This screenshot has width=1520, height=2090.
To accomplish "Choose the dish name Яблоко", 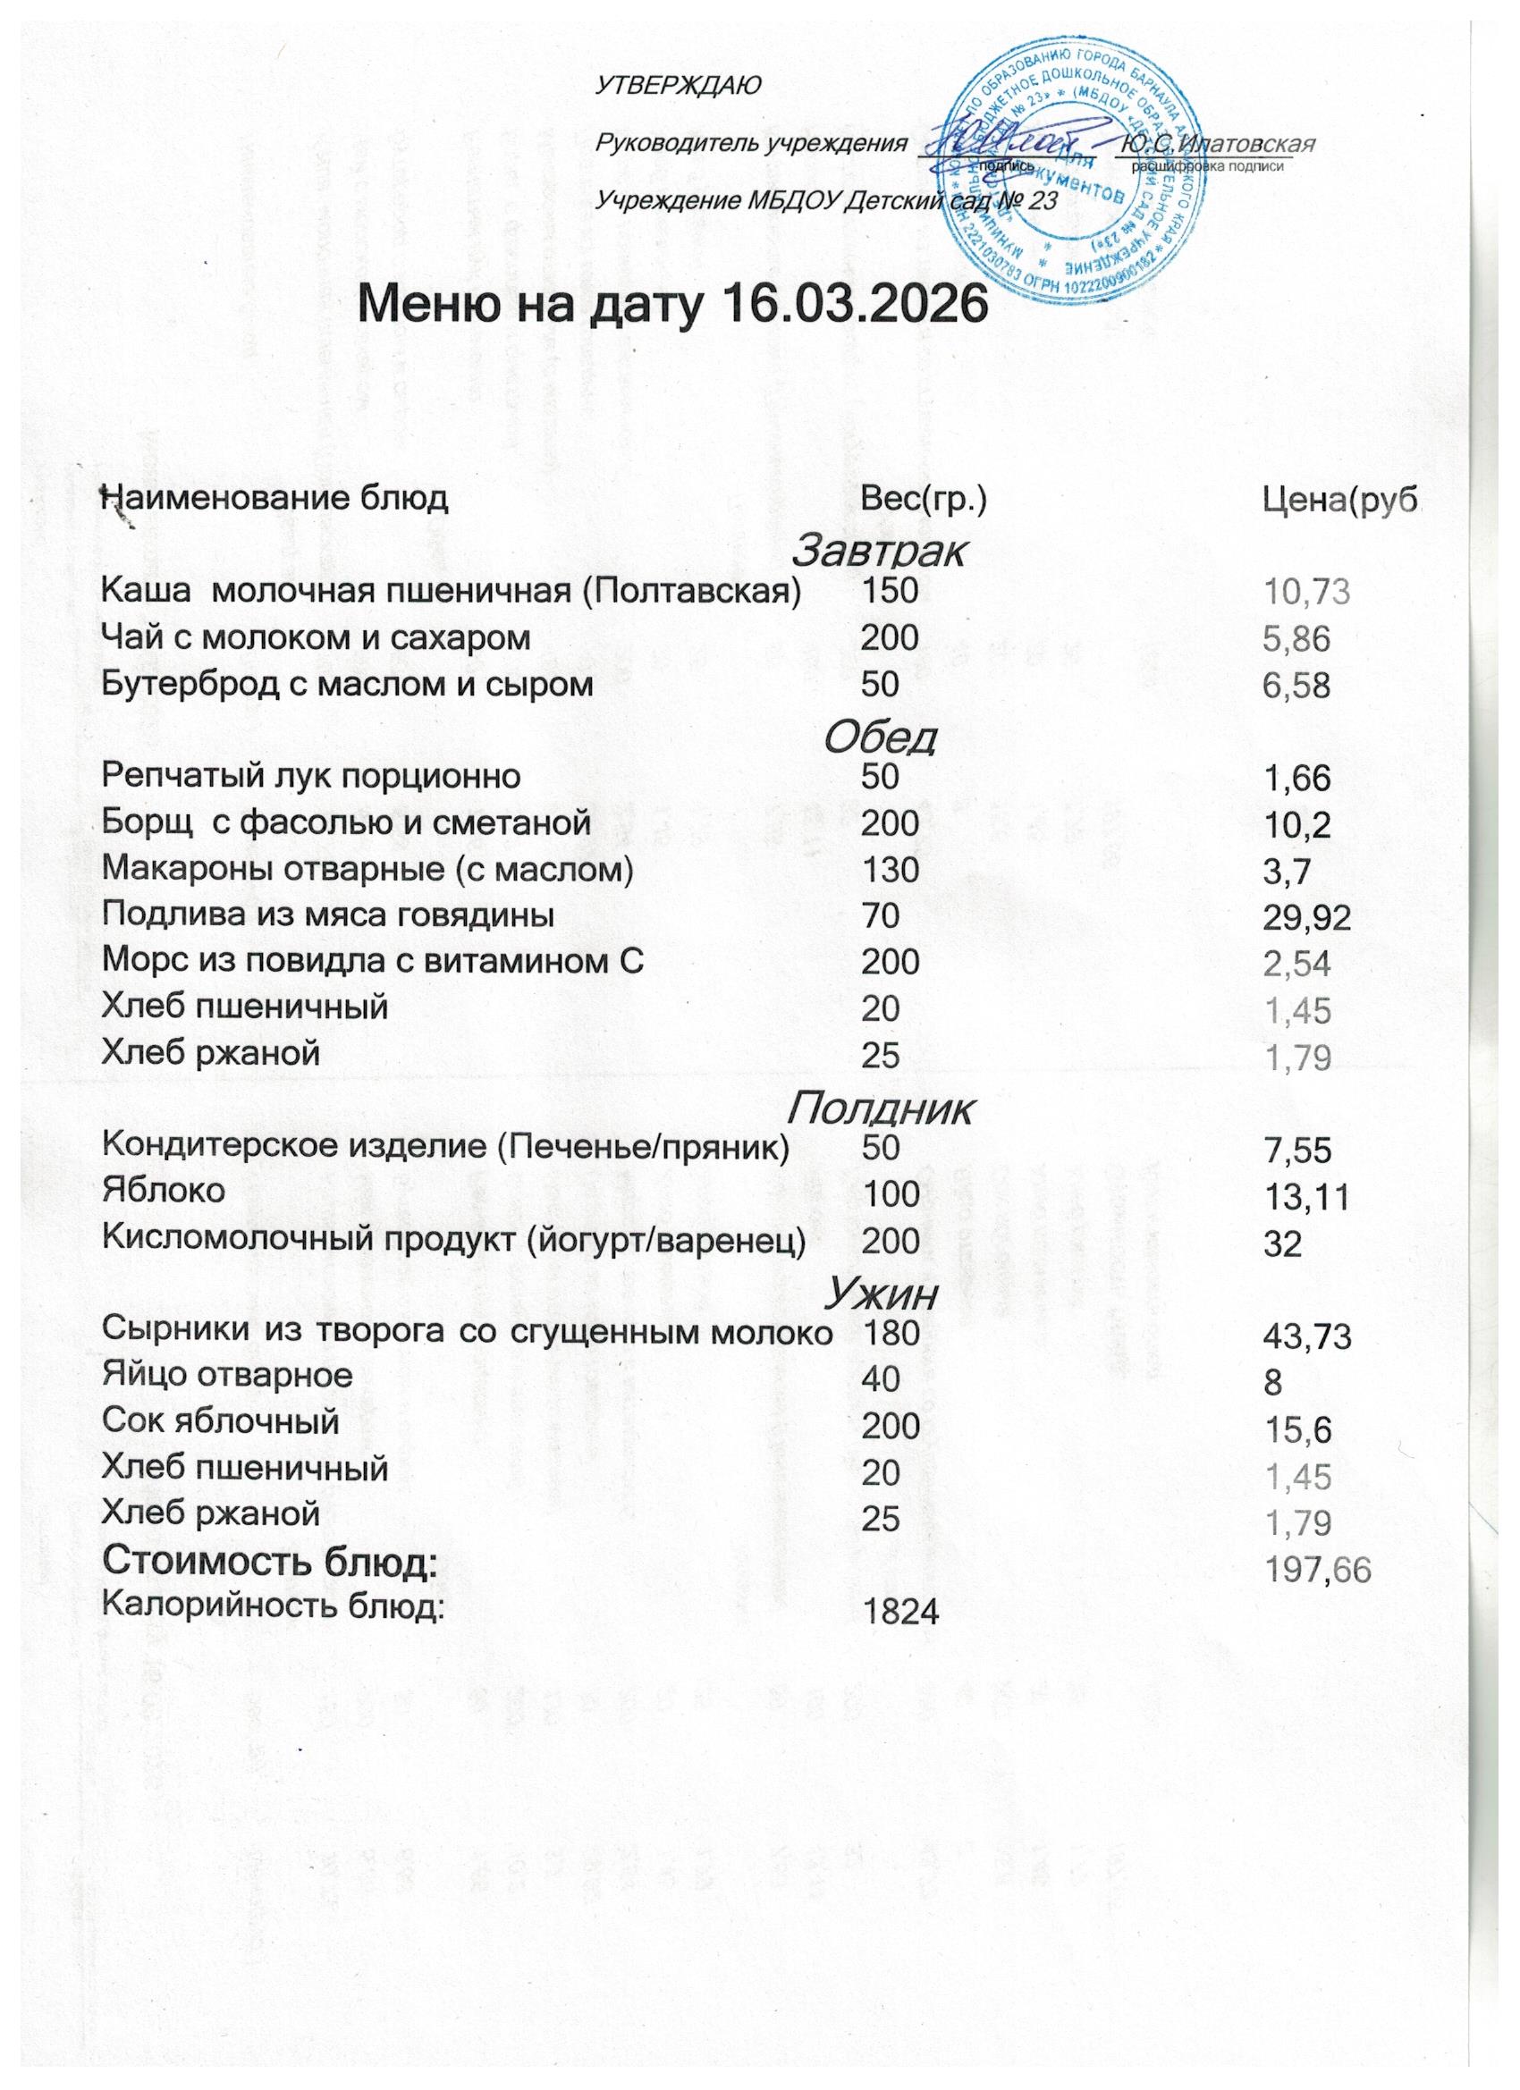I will [x=163, y=1191].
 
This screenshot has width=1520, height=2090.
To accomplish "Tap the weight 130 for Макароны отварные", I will [x=890, y=870].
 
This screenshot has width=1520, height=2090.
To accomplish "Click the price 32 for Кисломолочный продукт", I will [x=1282, y=1244].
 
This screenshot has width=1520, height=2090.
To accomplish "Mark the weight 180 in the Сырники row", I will [x=890, y=1332].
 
